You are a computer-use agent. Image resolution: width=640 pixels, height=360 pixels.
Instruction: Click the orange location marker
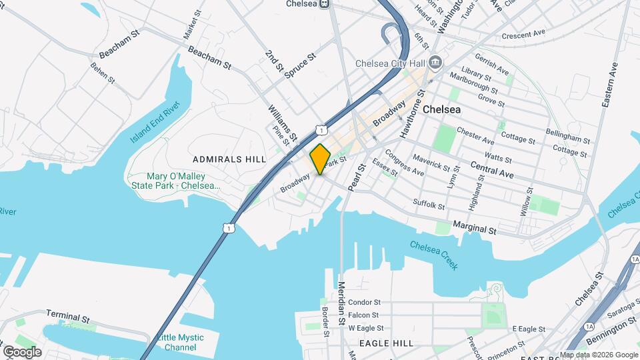coord(320,159)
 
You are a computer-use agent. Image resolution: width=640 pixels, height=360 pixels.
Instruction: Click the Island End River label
coord(155,123)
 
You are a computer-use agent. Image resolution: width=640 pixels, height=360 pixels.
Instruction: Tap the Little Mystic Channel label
coord(181,342)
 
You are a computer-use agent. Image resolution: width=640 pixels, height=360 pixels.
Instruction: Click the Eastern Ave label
coord(611,85)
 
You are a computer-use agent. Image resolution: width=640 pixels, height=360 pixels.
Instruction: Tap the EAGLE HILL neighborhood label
coord(386,343)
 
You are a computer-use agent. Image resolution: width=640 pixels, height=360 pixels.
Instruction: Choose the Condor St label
coord(364,302)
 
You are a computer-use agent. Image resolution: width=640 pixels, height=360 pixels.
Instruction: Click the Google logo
coord(22,351)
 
